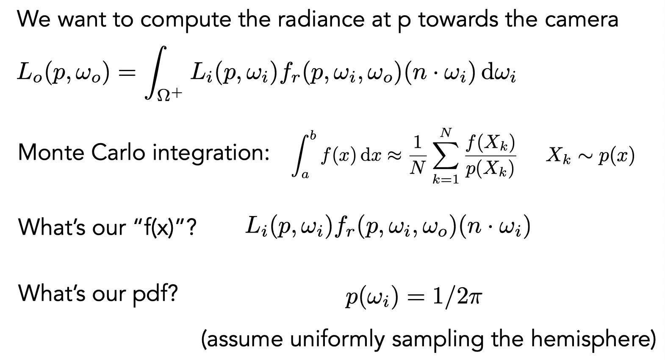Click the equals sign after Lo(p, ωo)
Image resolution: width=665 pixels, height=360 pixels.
(127, 73)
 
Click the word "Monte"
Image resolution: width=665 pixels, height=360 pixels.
(50, 152)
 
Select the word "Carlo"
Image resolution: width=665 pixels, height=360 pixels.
(118, 152)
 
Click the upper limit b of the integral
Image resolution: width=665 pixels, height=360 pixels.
(313, 135)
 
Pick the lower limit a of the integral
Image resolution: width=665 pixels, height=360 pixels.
(305, 175)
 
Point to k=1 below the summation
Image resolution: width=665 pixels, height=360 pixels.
(445, 179)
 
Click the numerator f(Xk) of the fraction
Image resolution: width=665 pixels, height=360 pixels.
(490, 144)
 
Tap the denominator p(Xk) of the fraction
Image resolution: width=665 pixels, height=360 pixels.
(490, 169)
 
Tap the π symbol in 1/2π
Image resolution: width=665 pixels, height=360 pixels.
(475, 298)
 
